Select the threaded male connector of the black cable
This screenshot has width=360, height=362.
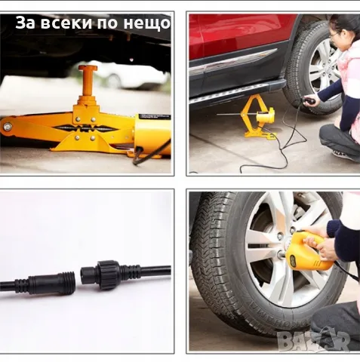pos(65,282)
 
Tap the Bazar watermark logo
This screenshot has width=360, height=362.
pos(314,341)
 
